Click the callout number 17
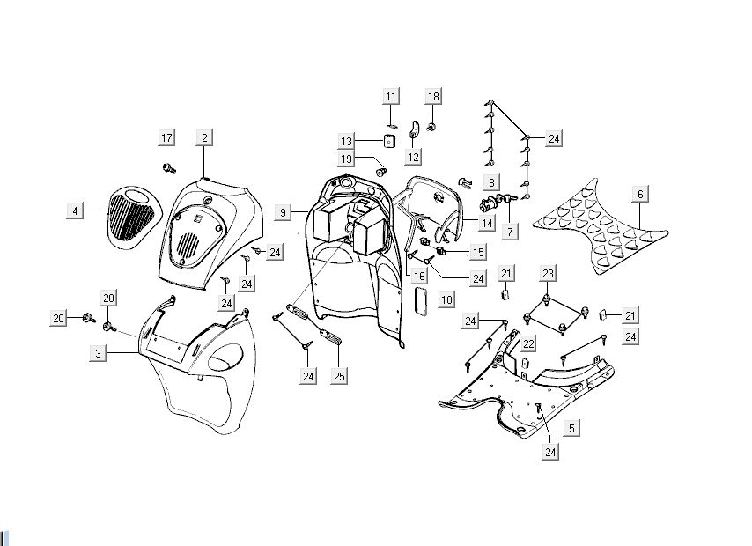(x=166, y=137)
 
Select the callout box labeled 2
(x=204, y=137)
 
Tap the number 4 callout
(x=76, y=210)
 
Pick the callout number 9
(x=283, y=212)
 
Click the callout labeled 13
(x=347, y=141)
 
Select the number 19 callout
(x=347, y=159)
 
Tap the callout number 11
(x=391, y=95)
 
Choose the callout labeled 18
(x=433, y=95)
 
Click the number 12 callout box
(x=413, y=157)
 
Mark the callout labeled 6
(x=640, y=194)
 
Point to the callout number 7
(x=509, y=231)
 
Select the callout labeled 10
(x=446, y=300)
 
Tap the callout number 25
(x=339, y=377)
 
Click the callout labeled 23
(x=548, y=273)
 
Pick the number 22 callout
(x=528, y=343)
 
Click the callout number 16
(x=420, y=277)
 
